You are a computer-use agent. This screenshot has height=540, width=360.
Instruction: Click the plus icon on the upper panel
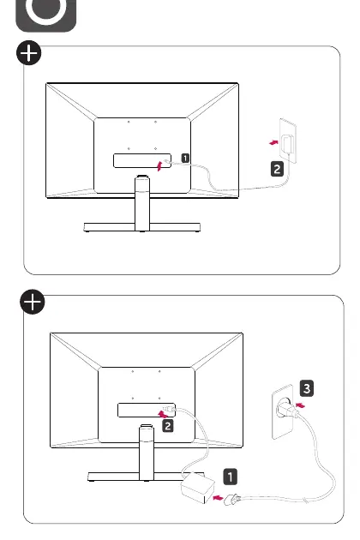pos(28,52)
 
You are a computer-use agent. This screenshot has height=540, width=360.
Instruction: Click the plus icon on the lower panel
pos(33,302)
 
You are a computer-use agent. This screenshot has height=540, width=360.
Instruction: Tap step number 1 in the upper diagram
pos(185,158)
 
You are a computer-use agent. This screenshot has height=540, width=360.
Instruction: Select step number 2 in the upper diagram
pos(277,169)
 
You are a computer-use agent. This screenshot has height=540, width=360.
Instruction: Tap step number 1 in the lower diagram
pos(230,477)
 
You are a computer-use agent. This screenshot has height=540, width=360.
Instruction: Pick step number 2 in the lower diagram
pos(168,426)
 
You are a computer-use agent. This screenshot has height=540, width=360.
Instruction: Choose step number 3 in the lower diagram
pos(307,388)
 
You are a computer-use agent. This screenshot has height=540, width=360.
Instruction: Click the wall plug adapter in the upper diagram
pos(288,144)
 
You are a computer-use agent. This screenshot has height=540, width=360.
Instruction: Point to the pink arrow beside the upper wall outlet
pos(274,142)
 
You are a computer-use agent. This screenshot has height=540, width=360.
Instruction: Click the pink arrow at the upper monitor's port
pos(159,165)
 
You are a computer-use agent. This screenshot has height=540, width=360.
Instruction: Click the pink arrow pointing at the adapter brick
pos(218,498)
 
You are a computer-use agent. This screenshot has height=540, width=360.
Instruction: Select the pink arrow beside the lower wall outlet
pos(300,405)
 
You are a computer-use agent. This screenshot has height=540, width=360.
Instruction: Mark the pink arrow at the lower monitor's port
pos(164,414)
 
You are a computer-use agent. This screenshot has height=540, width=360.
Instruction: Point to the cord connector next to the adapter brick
pos(231,499)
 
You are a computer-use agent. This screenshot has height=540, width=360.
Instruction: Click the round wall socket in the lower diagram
pos(285,407)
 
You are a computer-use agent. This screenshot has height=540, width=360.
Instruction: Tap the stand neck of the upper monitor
pos(142,203)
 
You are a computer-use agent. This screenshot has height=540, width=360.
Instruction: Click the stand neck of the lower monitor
pos(147,453)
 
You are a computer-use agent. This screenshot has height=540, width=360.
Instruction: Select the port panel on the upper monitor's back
pos(142,160)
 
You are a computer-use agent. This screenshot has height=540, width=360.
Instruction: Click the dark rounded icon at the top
pos(46,15)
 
